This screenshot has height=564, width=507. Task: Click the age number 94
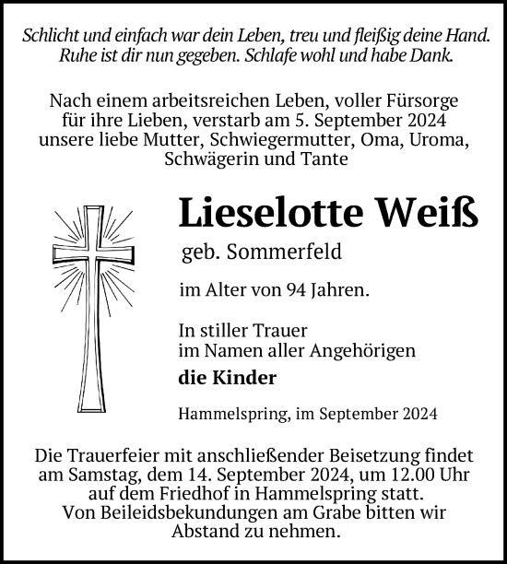click(x=296, y=291)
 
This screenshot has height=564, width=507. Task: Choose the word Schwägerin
click(x=220, y=159)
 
